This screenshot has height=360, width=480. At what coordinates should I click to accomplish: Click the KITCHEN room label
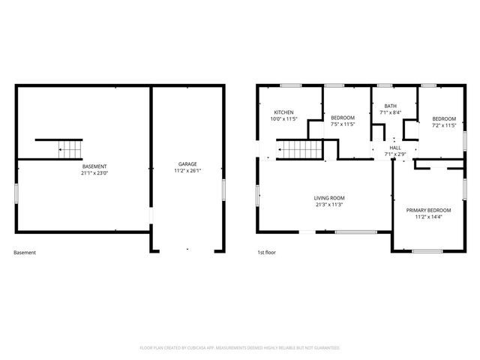(283, 112)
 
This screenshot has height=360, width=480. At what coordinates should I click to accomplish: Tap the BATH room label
(390, 106)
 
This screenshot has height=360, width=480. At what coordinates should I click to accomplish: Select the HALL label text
(394, 148)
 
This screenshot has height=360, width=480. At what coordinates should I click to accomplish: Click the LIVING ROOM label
(329, 198)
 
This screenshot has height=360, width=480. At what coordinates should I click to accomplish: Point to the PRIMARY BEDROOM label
(428, 210)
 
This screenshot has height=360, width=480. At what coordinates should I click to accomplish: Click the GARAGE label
(187, 163)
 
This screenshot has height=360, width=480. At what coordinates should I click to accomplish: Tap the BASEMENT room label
(94, 166)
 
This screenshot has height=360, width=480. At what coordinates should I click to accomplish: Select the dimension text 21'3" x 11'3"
(329, 205)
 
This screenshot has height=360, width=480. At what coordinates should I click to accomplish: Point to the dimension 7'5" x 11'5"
(343, 124)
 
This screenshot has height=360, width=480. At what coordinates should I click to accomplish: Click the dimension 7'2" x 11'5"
(443, 124)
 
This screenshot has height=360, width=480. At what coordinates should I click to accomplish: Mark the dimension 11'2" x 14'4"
(428, 217)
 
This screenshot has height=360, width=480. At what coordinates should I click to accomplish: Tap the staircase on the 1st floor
(300, 150)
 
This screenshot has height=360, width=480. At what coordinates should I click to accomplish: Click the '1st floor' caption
(266, 253)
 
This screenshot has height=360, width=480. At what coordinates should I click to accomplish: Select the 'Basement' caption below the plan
(25, 253)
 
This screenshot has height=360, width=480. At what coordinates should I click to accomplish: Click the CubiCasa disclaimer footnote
(240, 348)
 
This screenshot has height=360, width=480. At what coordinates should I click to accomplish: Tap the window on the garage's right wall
(223, 190)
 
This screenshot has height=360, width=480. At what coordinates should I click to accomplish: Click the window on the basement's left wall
(16, 190)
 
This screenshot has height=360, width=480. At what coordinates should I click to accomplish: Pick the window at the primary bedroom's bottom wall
(428, 250)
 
